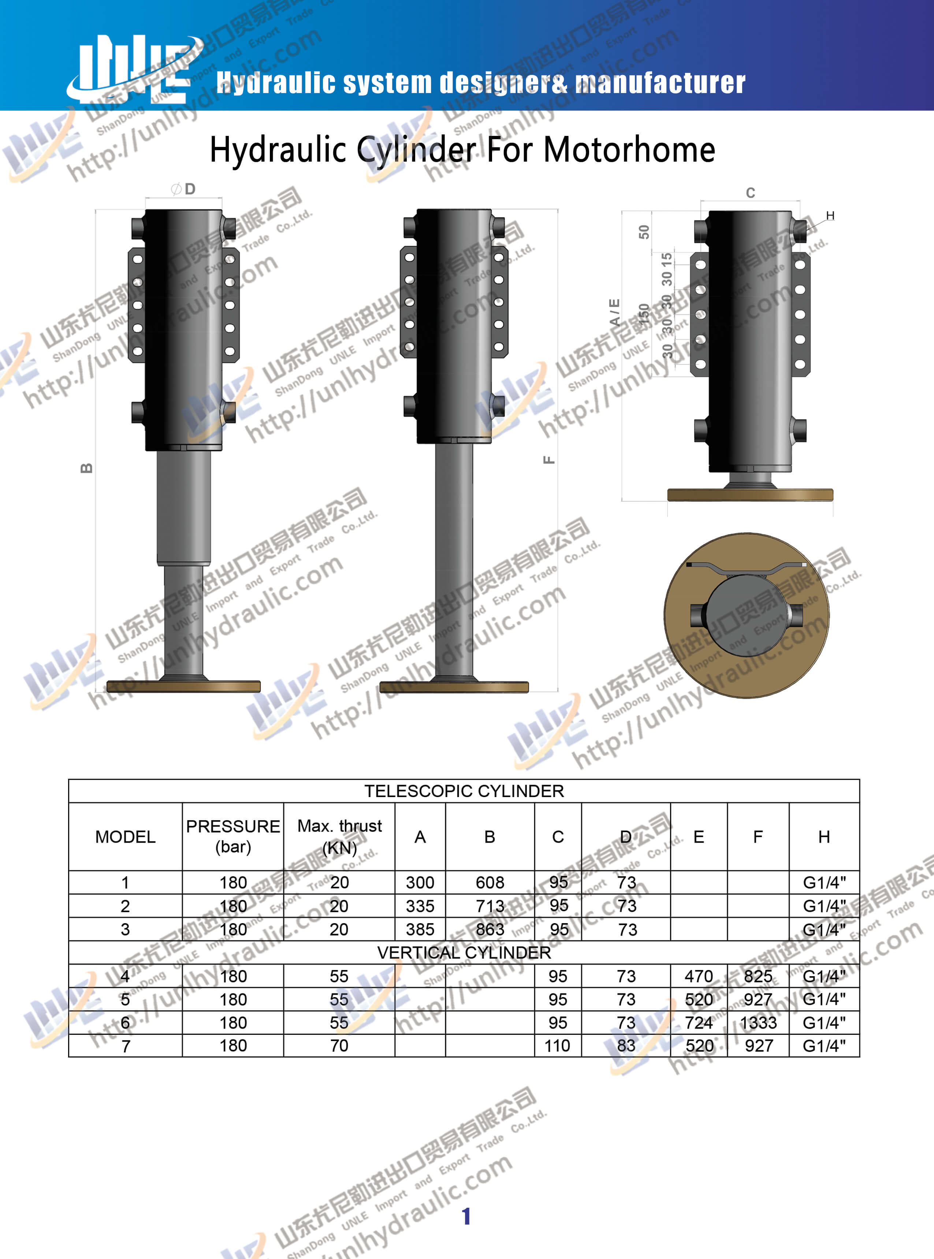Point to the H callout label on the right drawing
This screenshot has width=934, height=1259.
coord(830,215)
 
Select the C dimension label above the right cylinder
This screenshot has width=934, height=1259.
coord(750,193)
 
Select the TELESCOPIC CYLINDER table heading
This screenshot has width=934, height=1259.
coord(464,791)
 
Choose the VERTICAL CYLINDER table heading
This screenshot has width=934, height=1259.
coord(464,952)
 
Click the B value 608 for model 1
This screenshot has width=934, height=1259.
coord(490,882)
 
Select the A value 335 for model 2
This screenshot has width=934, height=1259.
coord(420,906)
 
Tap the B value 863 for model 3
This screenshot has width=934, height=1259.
coord(490,929)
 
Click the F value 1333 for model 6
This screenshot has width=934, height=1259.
coord(758,1023)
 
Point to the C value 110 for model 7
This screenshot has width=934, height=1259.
coord(558,1046)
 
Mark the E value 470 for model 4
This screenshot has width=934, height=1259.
coord(699,976)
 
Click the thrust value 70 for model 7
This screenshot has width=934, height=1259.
coord(339,1046)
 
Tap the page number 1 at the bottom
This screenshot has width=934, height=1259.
coord(466,1216)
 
